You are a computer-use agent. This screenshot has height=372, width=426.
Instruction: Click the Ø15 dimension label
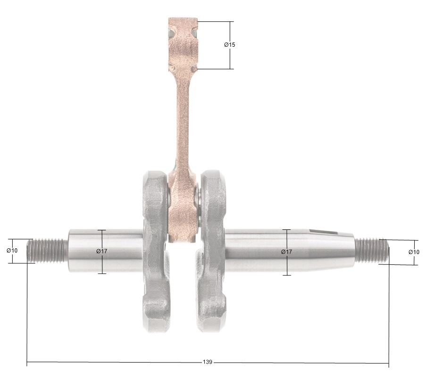pos(230,44)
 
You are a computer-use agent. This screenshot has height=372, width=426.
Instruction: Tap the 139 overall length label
pos(207,362)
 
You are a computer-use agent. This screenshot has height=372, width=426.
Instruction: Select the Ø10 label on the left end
pos(12,250)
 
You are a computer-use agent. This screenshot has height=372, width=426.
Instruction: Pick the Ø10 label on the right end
pos(414,252)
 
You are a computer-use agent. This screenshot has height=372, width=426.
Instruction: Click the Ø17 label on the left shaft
pos(101,251)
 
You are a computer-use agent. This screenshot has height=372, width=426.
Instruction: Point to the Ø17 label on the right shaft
pos(286,252)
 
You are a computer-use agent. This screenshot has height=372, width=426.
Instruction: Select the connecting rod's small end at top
pos(183,45)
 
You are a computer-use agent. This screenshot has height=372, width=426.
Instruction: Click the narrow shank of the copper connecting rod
pos(183,122)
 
